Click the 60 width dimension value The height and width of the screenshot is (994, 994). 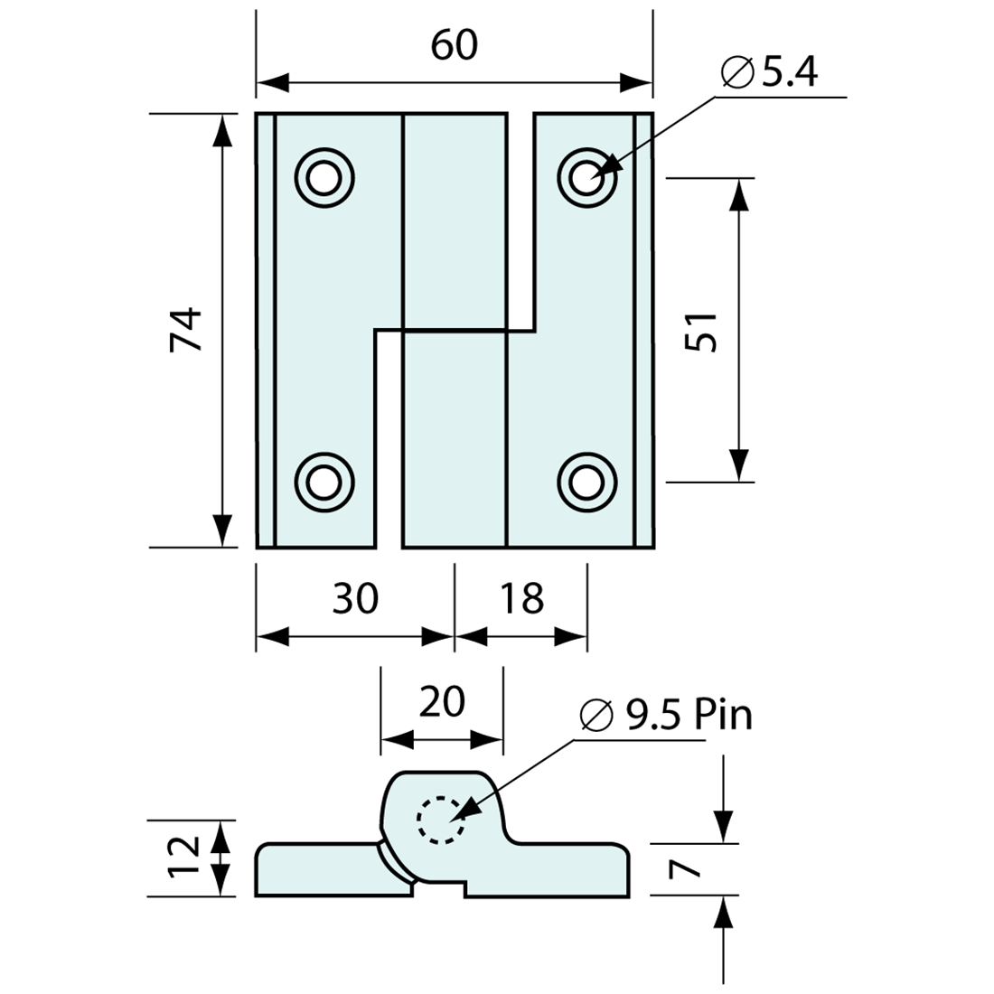pos(454,45)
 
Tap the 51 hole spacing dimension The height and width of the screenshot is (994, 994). pos(701,331)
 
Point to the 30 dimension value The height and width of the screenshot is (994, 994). pos(355,598)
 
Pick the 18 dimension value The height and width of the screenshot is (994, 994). pos(522,598)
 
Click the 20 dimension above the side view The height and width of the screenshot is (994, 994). pos(443,702)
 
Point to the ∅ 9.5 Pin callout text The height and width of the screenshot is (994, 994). pos(666,716)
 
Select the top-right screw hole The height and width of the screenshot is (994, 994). pos(587,176)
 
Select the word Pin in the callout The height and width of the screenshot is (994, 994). pos(723,716)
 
